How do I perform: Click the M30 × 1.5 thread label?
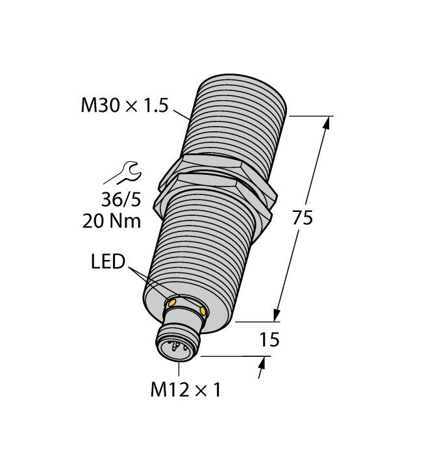coord(123,105)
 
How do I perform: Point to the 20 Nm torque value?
coord(112,221)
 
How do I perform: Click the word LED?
coord(107,263)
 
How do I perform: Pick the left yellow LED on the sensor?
coord(173,303)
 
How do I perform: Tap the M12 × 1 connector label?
coord(186,390)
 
